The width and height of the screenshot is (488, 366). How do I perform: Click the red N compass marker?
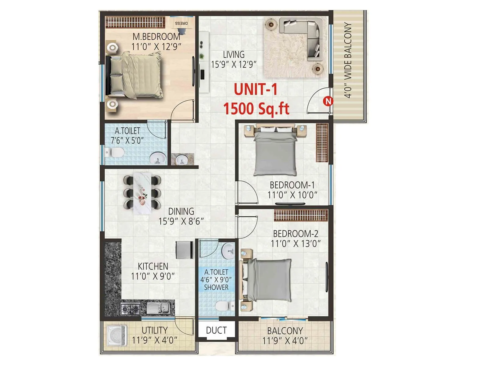click(328, 101)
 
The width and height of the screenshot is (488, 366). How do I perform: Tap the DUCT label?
click(216, 330)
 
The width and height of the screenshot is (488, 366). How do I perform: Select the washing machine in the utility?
click(117, 335)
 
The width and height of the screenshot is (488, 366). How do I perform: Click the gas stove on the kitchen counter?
click(130, 309)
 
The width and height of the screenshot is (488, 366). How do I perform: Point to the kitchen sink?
click(157, 308)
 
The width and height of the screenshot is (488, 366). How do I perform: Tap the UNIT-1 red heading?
click(256, 89)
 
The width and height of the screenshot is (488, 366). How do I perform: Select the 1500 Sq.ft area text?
click(256, 109)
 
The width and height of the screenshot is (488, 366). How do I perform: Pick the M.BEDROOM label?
click(156, 37)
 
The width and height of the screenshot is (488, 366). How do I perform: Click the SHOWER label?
click(216, 287)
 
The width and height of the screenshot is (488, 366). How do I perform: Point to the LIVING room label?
click(234, 55)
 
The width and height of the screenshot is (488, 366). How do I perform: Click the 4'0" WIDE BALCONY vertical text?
click(348, 60)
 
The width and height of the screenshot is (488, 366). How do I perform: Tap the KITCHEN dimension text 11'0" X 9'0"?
click(153, 276)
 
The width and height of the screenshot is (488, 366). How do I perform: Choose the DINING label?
click(181, 211)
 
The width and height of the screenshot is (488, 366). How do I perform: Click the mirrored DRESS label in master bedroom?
click(181, 23)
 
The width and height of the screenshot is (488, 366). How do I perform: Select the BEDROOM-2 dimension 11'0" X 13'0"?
click(296, 244)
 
